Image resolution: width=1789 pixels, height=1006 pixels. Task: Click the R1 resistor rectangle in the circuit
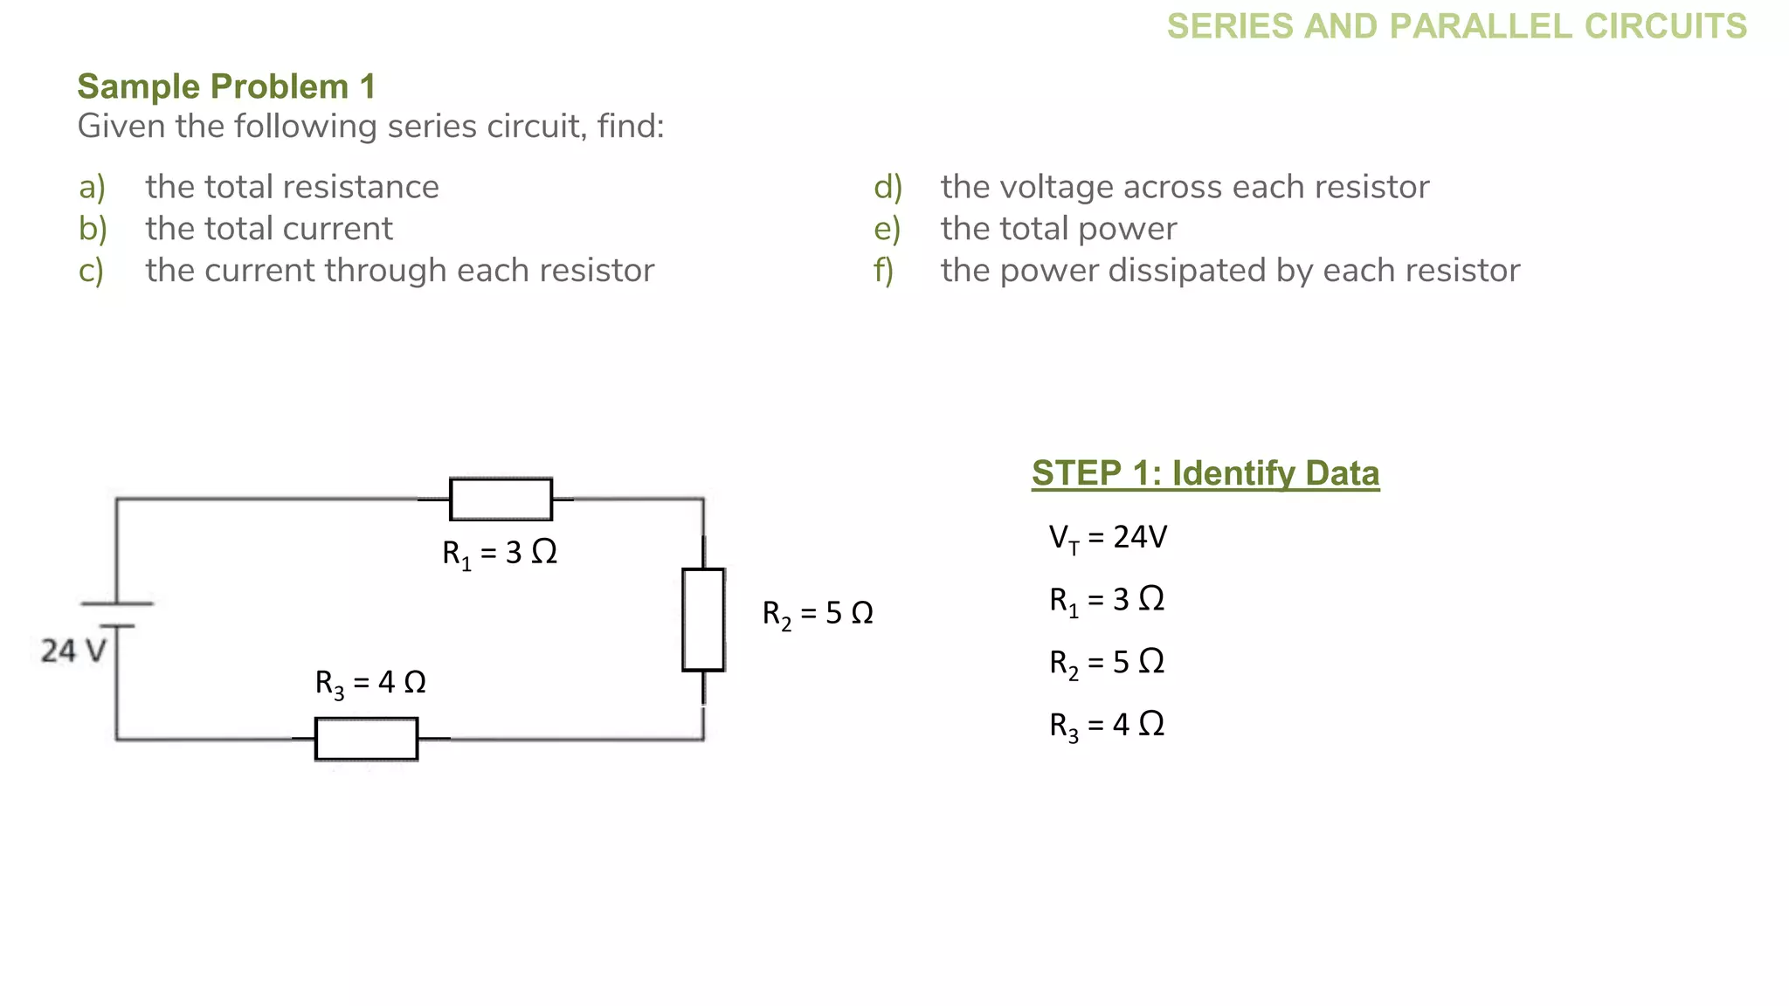501,500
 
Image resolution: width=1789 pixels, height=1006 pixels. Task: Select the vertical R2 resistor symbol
703,620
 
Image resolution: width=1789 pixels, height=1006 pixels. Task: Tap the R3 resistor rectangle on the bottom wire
366,739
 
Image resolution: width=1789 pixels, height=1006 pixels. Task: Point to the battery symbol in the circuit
116,615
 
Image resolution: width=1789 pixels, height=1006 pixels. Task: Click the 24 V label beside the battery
73,651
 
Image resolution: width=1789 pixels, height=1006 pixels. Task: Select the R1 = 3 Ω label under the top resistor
500,553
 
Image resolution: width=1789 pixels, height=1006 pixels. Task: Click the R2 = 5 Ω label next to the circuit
818,613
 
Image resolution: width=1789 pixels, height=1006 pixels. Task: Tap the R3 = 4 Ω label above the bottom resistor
370,682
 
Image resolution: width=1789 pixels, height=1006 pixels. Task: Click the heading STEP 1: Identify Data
1205,473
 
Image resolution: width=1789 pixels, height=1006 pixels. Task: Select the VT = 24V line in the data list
1108,537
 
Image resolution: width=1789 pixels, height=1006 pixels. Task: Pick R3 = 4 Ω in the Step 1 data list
1107,725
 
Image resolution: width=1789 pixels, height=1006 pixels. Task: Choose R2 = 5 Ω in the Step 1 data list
1107,662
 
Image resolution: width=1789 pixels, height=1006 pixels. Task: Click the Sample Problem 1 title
226,86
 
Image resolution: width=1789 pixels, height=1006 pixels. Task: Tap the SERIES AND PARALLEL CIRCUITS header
1456,26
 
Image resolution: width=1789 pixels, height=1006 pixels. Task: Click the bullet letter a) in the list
92,187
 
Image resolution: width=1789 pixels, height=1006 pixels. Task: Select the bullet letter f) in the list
883,271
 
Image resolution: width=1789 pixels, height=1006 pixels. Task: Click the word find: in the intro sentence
631,127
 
